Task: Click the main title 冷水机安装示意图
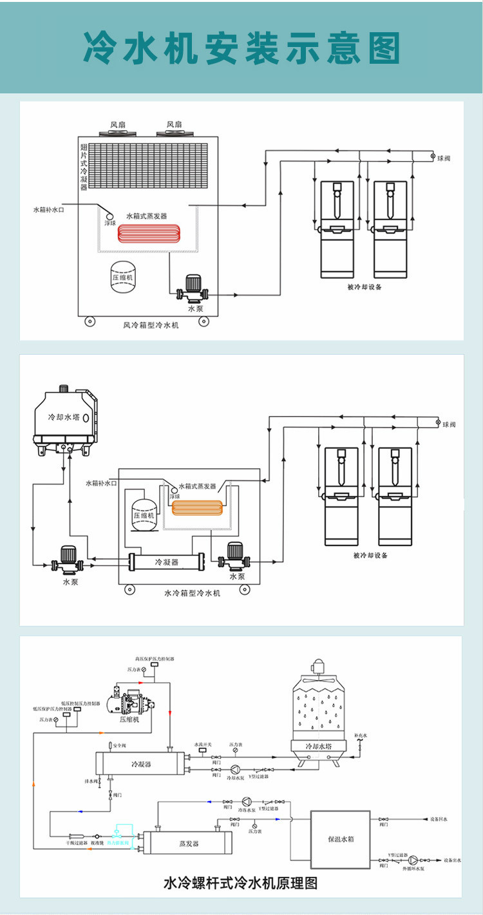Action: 241,46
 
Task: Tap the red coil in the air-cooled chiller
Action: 149,232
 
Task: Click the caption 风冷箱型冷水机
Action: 151,325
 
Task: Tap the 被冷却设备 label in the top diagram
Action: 364,287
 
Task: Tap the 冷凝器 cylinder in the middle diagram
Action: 166,562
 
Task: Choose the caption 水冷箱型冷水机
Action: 192,592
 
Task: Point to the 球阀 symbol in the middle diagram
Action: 438,423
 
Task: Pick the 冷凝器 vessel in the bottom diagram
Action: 140,764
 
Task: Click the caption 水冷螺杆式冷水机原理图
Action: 241,883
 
